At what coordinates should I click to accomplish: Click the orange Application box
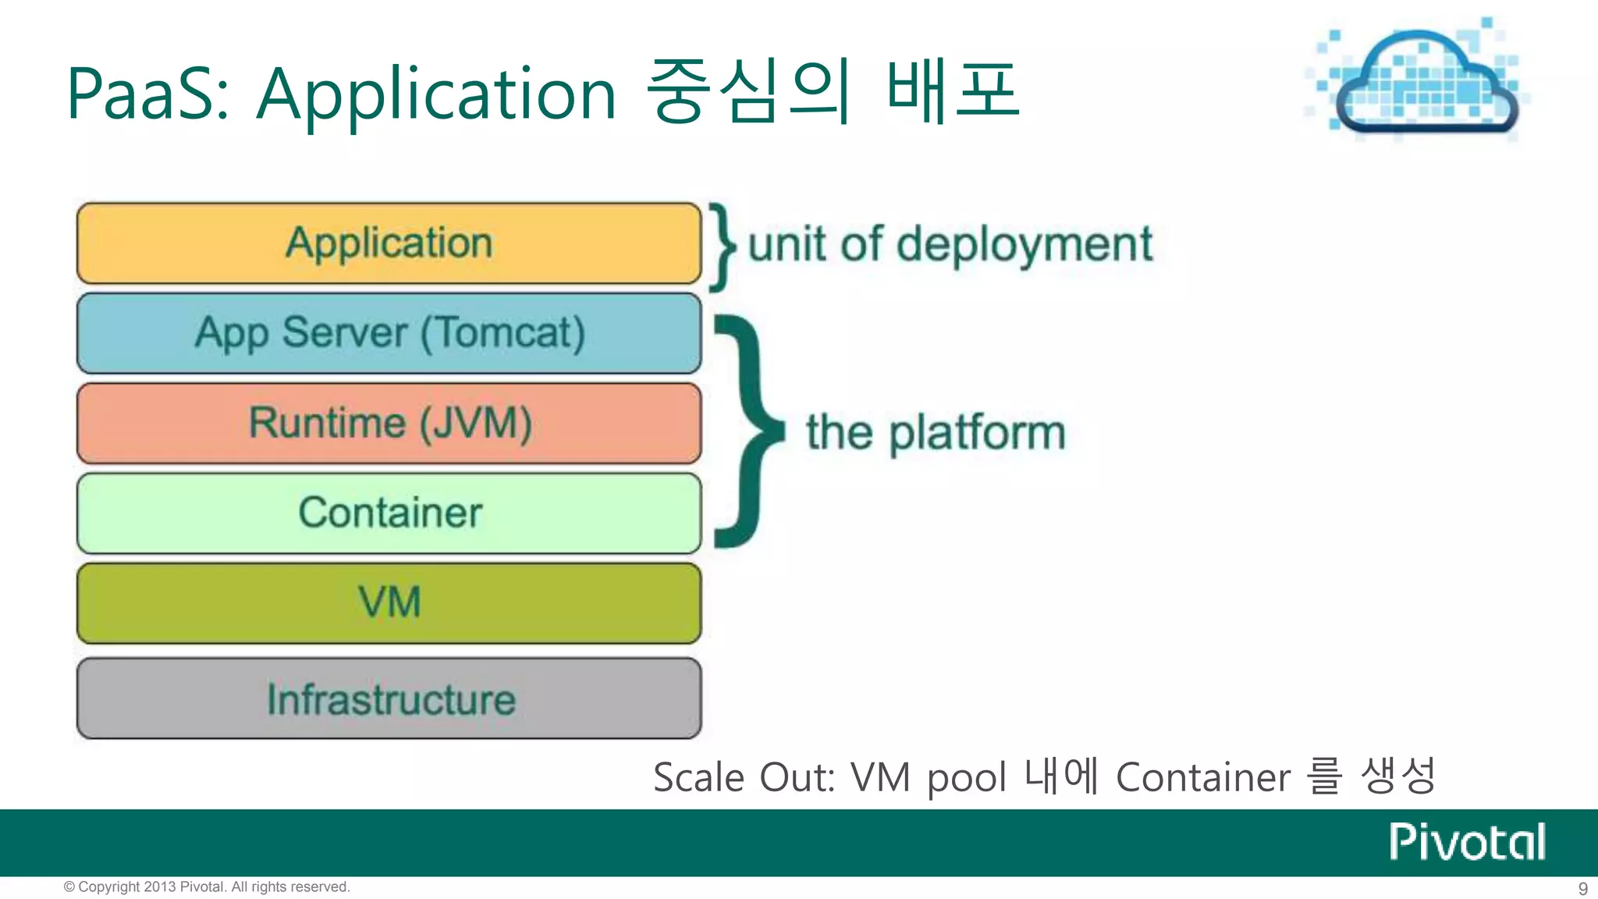tap(389, 243)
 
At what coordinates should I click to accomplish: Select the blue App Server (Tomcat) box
tap(389, 333)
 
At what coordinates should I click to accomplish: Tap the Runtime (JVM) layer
tap(389, 423)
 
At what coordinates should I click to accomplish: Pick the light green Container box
tap(389, 513)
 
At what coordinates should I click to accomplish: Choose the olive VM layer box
tap(389, 603)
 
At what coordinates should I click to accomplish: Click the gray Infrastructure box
tap(389, 698)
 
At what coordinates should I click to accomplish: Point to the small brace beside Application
tap(722, 246)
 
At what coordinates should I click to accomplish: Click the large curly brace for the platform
tap(749, 431)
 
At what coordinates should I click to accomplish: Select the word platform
tap(977, 433)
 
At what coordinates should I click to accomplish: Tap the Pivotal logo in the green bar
tap(1467, 842)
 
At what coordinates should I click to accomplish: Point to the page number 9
tap(1582, 889)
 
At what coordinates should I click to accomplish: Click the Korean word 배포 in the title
tap(953, 91)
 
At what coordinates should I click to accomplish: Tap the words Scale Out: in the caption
tap(744, 778)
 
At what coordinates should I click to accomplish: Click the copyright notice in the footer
tap(207, 887)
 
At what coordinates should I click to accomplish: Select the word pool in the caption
tap(966, 780)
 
